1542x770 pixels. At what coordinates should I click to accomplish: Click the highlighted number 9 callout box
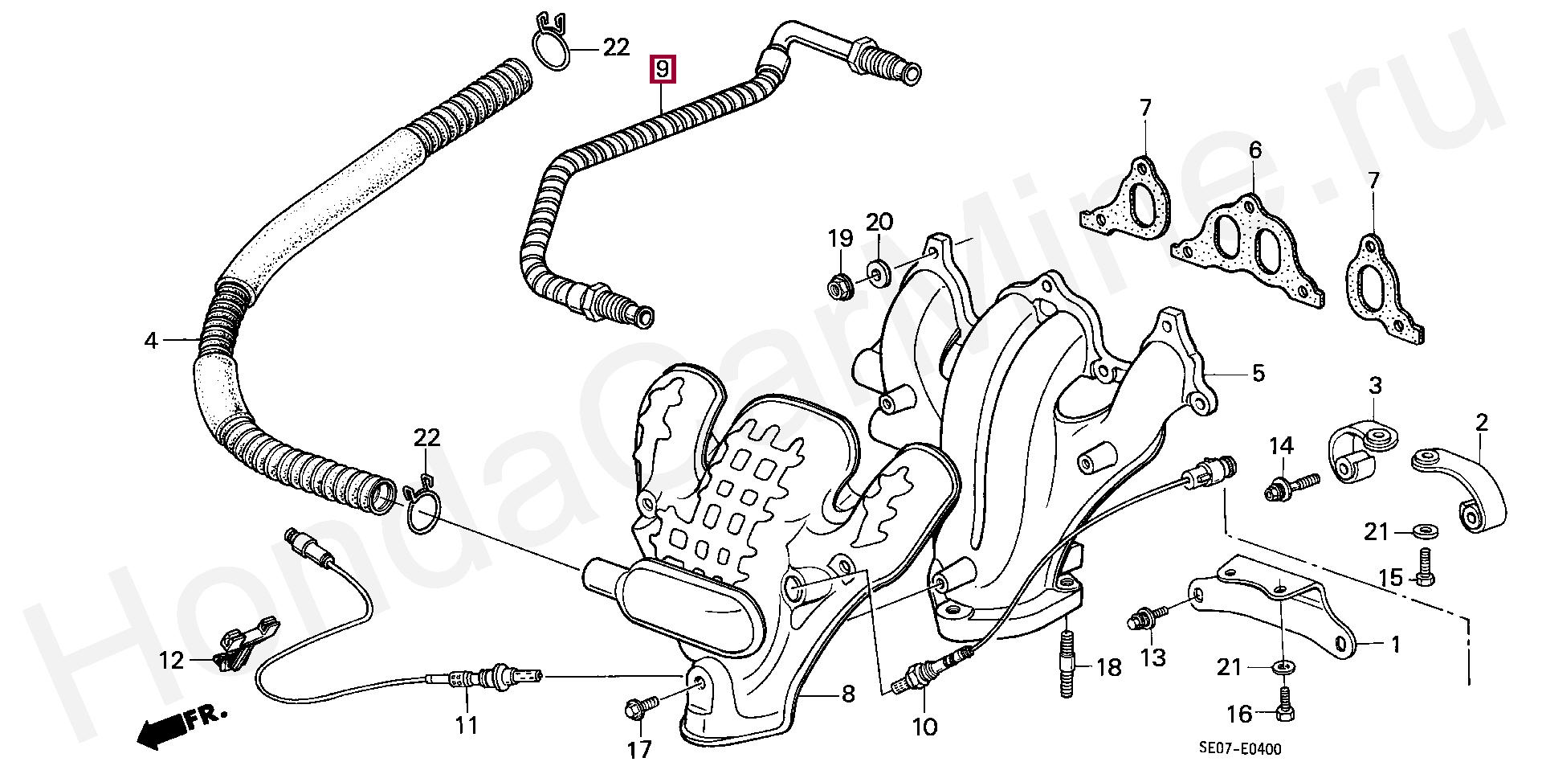pyautogui.click(x=663, y=69)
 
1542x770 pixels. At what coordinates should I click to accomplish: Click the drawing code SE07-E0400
pyautogui.click(x=1240, y=749)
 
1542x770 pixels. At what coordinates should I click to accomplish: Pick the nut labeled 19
pyautogui.click(x=840, y=285)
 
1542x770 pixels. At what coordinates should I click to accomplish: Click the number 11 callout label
pyautogui.click(x=467, y=725)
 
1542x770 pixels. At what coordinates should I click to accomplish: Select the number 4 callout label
pyautogui.click(x=151, y=341)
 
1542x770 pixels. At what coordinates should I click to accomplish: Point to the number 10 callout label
pyautogui.click(x=924, y=727)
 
